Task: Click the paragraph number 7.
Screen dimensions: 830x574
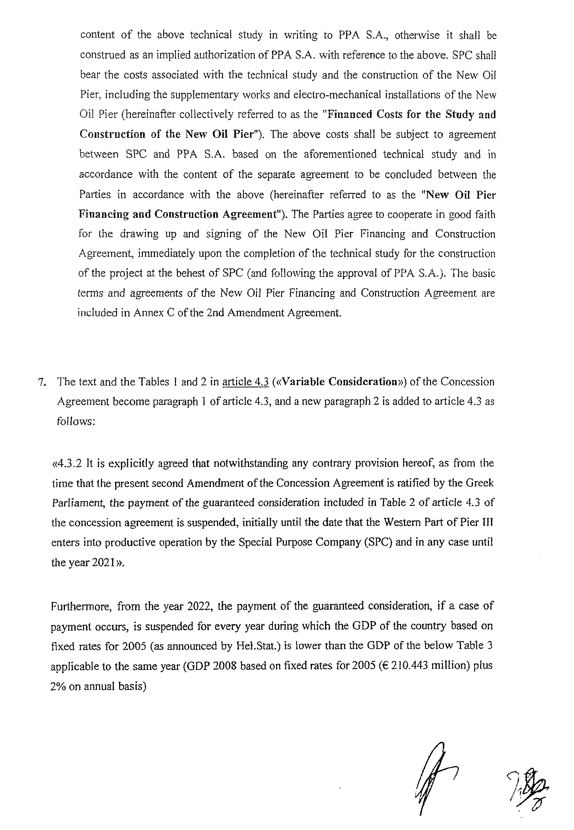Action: coord(41,382)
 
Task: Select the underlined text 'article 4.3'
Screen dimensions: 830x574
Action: coord(246,382)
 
